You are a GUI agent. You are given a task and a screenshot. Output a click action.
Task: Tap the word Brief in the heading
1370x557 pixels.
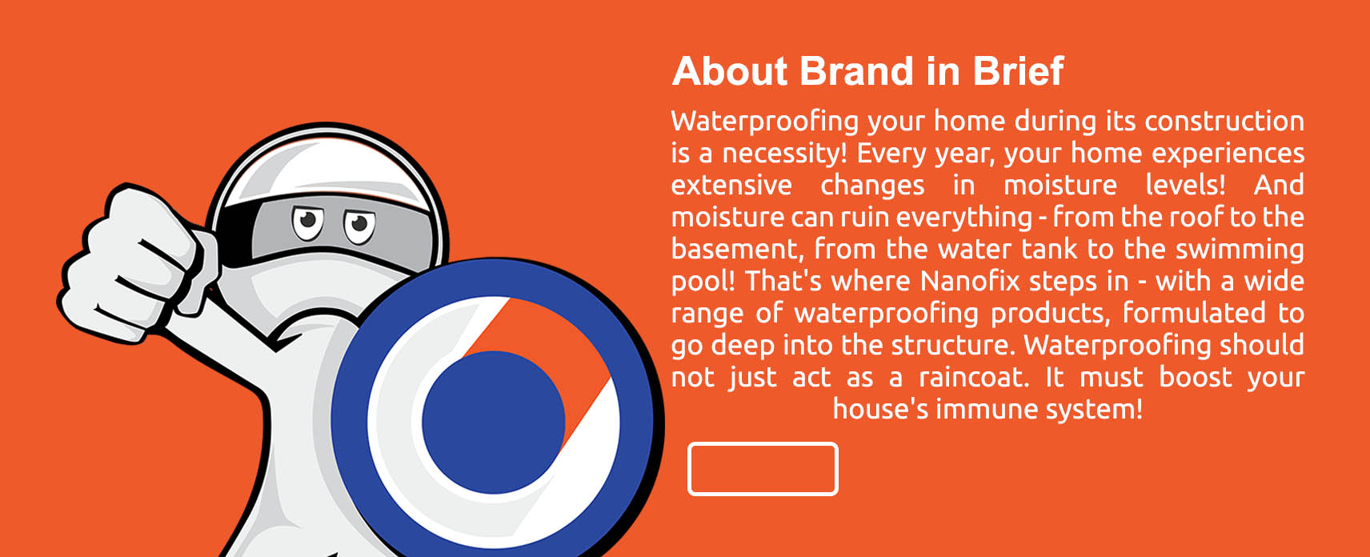(1019, 71)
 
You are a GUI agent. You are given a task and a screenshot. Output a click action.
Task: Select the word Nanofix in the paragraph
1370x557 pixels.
(970, 281)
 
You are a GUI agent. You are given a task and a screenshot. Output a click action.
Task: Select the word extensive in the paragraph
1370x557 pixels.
(731, 185)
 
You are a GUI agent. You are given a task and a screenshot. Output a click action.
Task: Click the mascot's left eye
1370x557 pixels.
(307, 223)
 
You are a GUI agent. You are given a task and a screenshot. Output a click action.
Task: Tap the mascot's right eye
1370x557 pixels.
(359, 226)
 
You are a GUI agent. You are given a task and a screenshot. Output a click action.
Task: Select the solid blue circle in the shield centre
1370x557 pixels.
(493, 422)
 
